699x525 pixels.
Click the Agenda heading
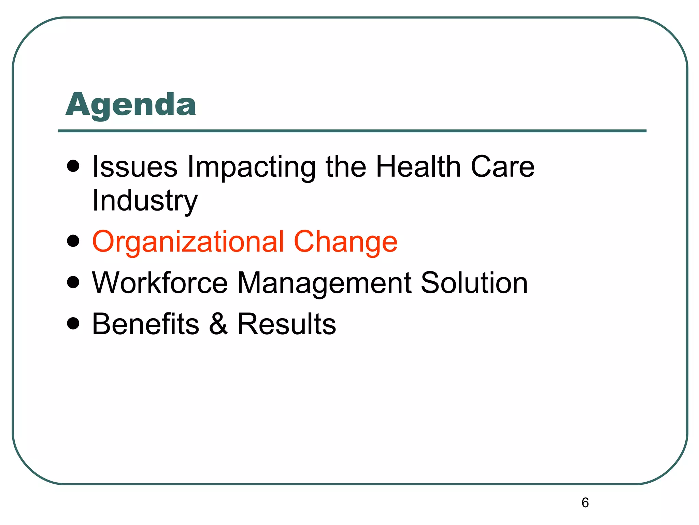coord(131,105)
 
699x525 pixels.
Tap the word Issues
coord(135,167)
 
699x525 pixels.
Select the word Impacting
coord(252,167)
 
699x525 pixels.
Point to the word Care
coord(502,167)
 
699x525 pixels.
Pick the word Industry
coord(145,201)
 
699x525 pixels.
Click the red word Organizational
coord(188,242)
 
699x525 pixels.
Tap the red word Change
coord(345,242)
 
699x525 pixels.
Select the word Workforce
coord(160,283)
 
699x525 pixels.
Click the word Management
coord(324,283)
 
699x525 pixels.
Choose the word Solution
coord(474,283)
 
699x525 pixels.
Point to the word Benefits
coord(146,324)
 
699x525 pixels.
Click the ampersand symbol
coord(218,324)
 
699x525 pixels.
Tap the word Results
coord(287,324)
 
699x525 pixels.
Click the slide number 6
coord(585,503)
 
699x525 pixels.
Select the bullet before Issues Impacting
coord(73,167)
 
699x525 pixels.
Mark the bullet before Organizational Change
coord(73,241)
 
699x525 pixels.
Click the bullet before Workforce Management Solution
coord(73,283)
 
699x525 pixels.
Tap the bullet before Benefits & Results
coord(73,323)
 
